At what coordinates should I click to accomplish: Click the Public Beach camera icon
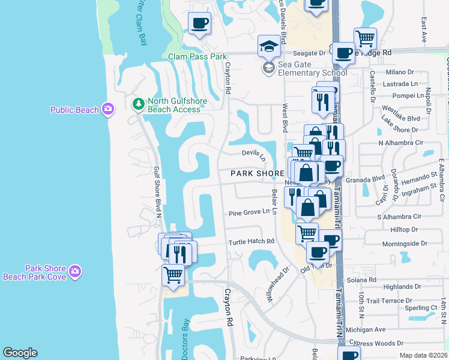[108, 109]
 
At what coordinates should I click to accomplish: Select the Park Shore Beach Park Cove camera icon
[75, 272]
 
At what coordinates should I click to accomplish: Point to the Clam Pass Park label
[197, 56]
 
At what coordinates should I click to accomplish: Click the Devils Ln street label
[253, 155]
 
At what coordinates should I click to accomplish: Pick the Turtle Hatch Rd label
[251, 242]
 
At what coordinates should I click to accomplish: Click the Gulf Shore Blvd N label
[157, 192]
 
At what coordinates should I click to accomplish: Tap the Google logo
[20, 353]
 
